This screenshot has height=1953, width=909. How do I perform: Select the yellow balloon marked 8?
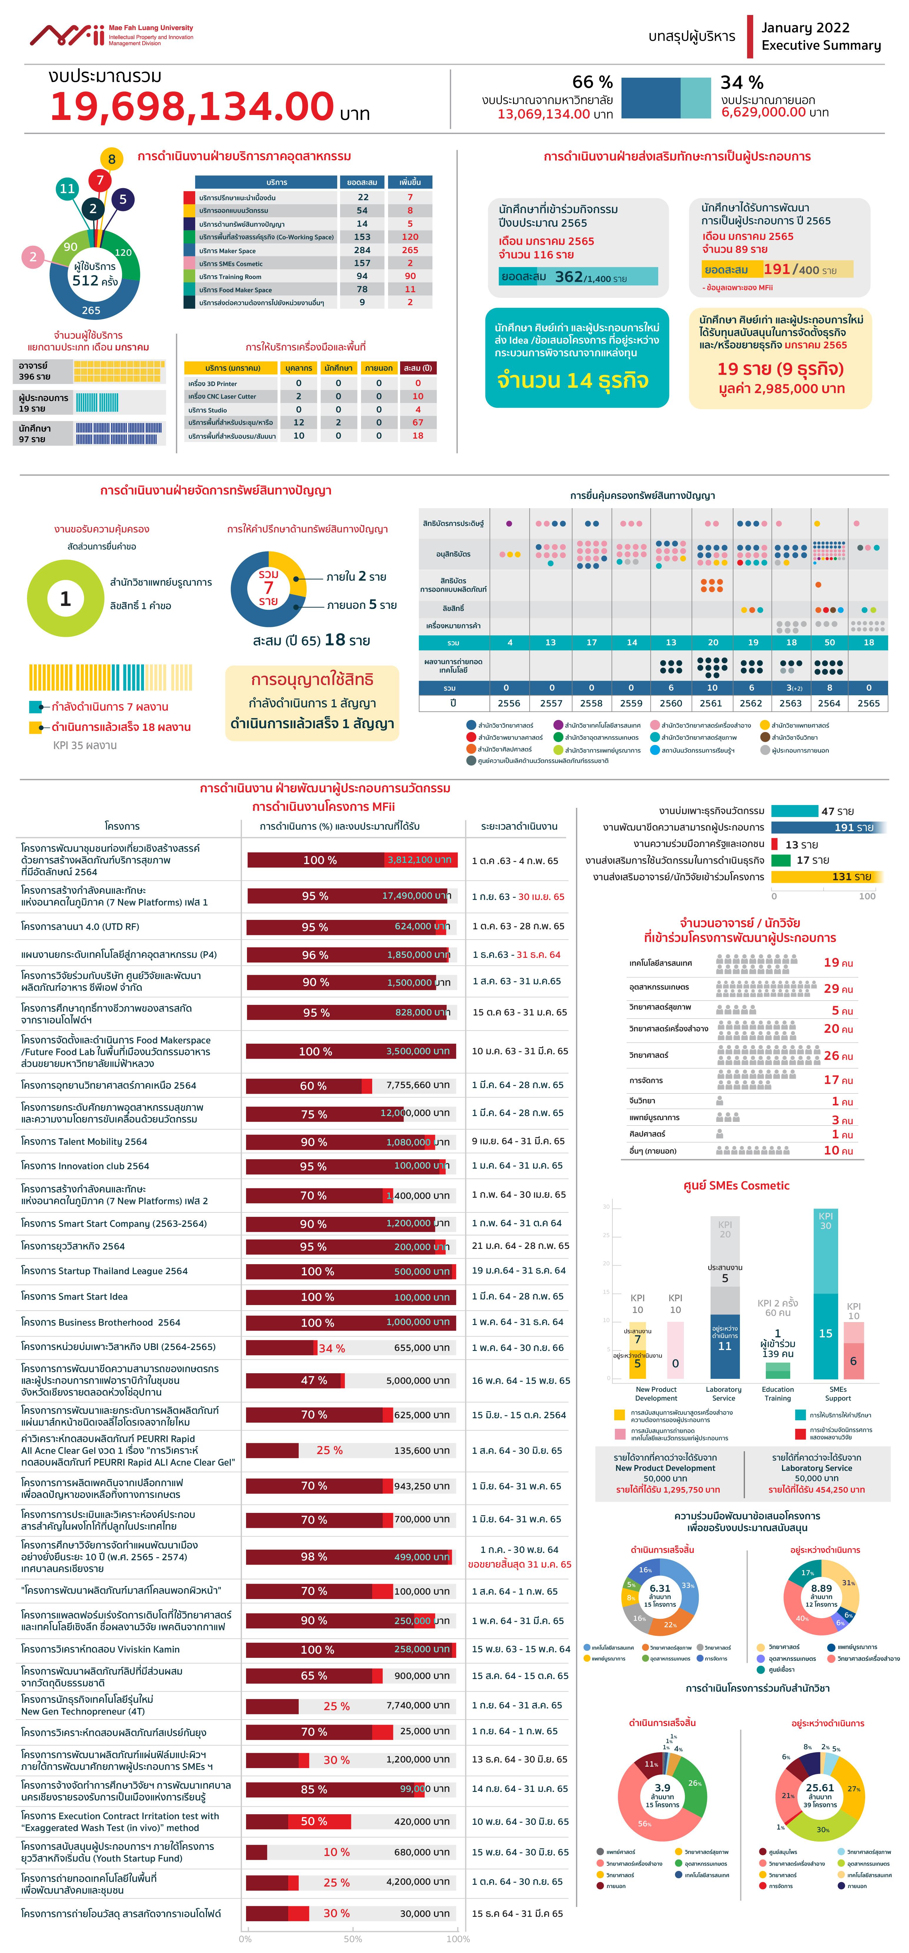tap(111, 158)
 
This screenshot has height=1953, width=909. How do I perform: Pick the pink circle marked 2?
tap(33, 257)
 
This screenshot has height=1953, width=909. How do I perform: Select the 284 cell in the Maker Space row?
tap(362, 250)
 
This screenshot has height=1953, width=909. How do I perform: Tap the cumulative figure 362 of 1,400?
tap(569, 277)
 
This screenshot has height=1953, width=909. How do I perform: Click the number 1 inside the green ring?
tap(65, 599)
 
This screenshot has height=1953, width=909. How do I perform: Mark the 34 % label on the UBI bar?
tap(331, 1348)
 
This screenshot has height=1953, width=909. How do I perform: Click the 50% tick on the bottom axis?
tap(352, 1939)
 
